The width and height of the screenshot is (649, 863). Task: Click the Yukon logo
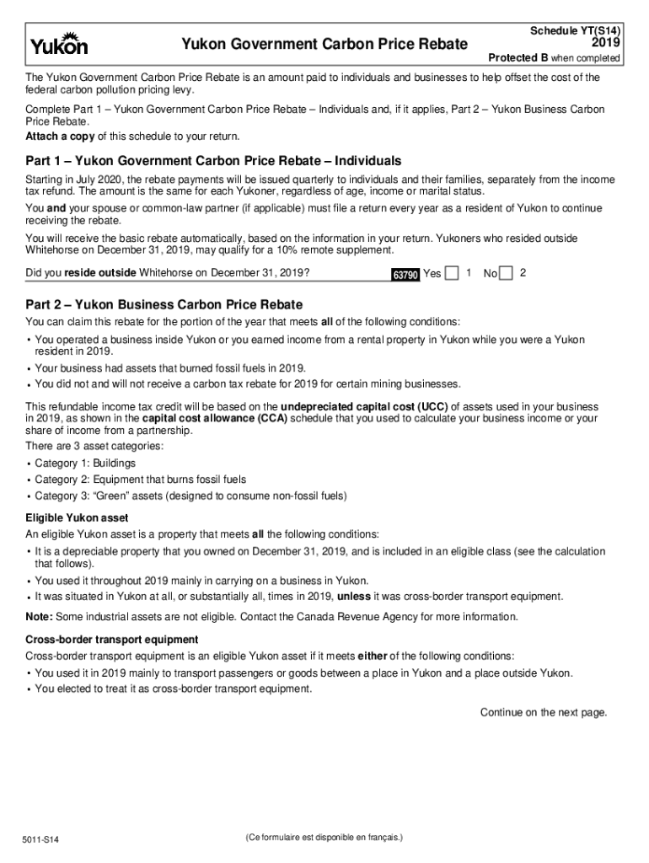tap(59, 43)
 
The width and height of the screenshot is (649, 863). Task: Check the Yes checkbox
tap(452, 273)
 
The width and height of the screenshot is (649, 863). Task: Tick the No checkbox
tap(506, 273)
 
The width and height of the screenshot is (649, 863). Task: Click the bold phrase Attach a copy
tap(60, 136)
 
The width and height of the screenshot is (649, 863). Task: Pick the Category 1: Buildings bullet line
tap(84, 464)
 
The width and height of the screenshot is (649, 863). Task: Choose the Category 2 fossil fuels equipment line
tap(140, 480)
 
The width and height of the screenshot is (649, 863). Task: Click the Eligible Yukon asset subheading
tap(77, 517)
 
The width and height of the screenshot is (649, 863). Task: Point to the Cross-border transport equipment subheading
tap(112, 640)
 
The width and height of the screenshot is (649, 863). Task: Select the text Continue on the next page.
tap(544, 712)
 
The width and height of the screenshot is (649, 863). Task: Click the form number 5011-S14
tap(42, 840)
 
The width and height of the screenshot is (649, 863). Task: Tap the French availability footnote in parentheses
tap(324, 838)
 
